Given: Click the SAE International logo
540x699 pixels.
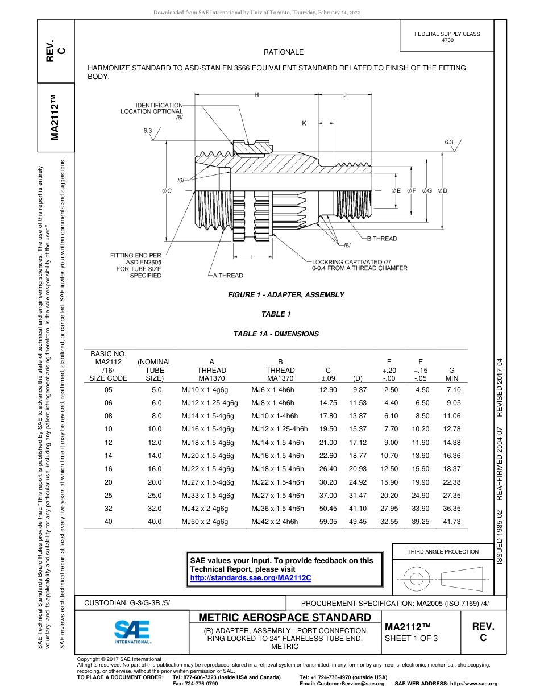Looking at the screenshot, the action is (x=132, y=631).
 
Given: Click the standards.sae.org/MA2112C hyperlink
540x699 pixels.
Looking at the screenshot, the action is (x=251, y=577).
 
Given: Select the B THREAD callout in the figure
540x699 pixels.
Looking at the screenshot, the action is (x=382, y=239).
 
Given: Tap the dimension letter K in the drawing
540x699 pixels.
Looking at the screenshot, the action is (x=304, y=123).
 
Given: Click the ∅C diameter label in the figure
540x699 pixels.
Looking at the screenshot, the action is (x=167, y=191).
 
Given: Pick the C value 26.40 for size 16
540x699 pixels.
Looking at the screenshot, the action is (x=328, y=469).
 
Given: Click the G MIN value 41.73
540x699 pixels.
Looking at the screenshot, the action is (x=453, y=521).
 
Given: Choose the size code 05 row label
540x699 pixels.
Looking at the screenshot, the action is (x=109, y=390).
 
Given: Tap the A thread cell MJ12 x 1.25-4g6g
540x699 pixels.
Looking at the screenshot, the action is (x=209, y=403).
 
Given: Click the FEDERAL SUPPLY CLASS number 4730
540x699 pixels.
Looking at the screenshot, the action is (x=447, y=40).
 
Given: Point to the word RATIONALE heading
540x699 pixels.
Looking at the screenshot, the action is (x=284, y=52).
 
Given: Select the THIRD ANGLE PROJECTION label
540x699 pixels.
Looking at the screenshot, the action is (x=443, y=551).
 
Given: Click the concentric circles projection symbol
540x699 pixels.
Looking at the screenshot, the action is (x=417, y=579).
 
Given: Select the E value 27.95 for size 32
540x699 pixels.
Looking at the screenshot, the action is (x=389, y=508).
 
